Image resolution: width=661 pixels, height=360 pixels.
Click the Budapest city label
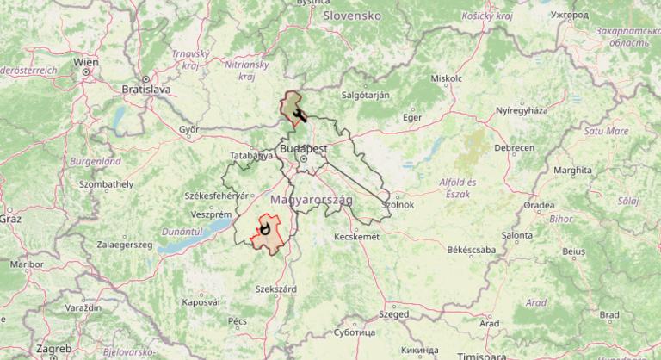point(304,149)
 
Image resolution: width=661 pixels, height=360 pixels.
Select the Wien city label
point(85,62)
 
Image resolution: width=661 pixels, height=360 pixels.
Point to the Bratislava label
point(147,89)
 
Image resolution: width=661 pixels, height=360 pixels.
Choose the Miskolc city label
point(447,78)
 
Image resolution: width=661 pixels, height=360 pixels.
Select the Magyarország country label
point(312,200)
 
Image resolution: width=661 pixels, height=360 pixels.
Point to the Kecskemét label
point(355,236)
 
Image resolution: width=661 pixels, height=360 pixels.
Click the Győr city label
point(188,130)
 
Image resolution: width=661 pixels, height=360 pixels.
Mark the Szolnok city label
point(398,205)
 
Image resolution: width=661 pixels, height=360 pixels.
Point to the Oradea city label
point(538,205)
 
